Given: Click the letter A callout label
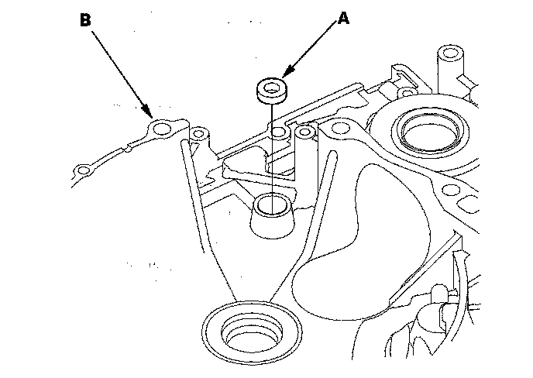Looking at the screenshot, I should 342,19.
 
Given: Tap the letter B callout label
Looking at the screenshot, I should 85,20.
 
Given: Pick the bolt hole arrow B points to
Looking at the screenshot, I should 161,128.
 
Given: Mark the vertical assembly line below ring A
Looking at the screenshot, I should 270,155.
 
